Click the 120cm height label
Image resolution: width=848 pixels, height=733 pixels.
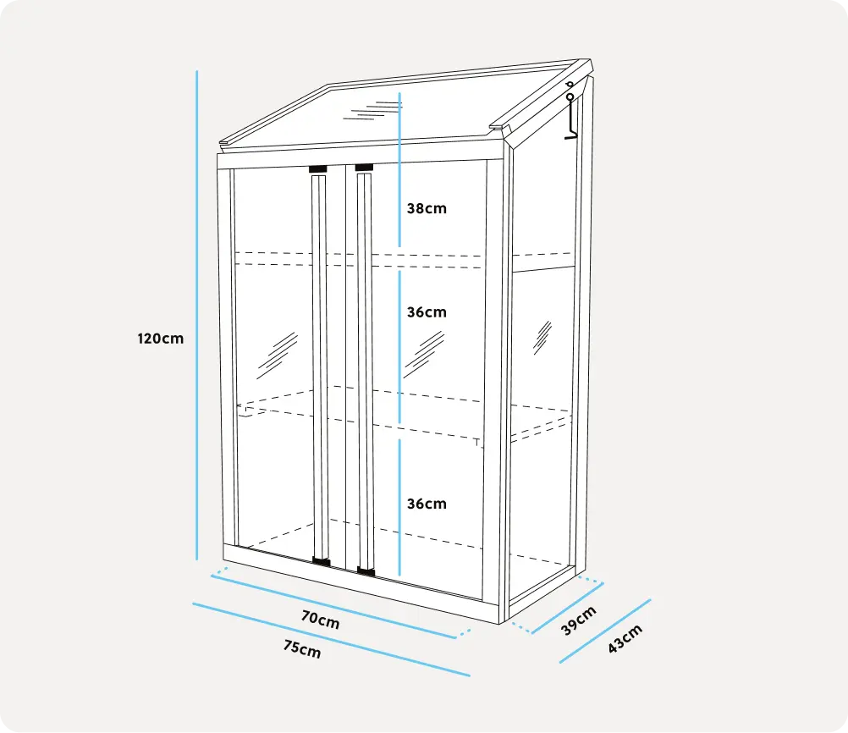[161, 339]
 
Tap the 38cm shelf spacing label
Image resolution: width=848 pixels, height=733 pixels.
[427, 208]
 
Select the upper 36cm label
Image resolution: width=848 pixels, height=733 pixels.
[427, 312]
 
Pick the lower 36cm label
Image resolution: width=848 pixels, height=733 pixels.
[427, 504]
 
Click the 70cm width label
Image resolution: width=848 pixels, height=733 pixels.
[321, 620]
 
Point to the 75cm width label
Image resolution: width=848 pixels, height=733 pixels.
[302, 648]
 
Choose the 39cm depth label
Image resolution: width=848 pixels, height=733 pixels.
[579, 620]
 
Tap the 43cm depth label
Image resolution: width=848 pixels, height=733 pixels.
[625, 638]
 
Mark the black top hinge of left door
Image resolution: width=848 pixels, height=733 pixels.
[318, 169]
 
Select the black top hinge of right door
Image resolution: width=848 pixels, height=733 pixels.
[364, 168]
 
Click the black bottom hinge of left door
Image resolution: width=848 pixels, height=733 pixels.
[322, 561]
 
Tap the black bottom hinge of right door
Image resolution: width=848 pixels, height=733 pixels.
[366, 570]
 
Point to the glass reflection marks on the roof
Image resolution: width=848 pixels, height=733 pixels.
[373, 111]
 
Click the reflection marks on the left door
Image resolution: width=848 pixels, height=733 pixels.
[277, 355]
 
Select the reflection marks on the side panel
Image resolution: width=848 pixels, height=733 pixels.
[542, 338]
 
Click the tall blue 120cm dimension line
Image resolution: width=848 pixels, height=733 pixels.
[197, 316]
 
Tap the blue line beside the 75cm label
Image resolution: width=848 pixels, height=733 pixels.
[332, 639]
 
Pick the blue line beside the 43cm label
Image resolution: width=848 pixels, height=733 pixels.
[605, 631]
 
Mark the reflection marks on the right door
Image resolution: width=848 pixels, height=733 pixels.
[424, 355]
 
